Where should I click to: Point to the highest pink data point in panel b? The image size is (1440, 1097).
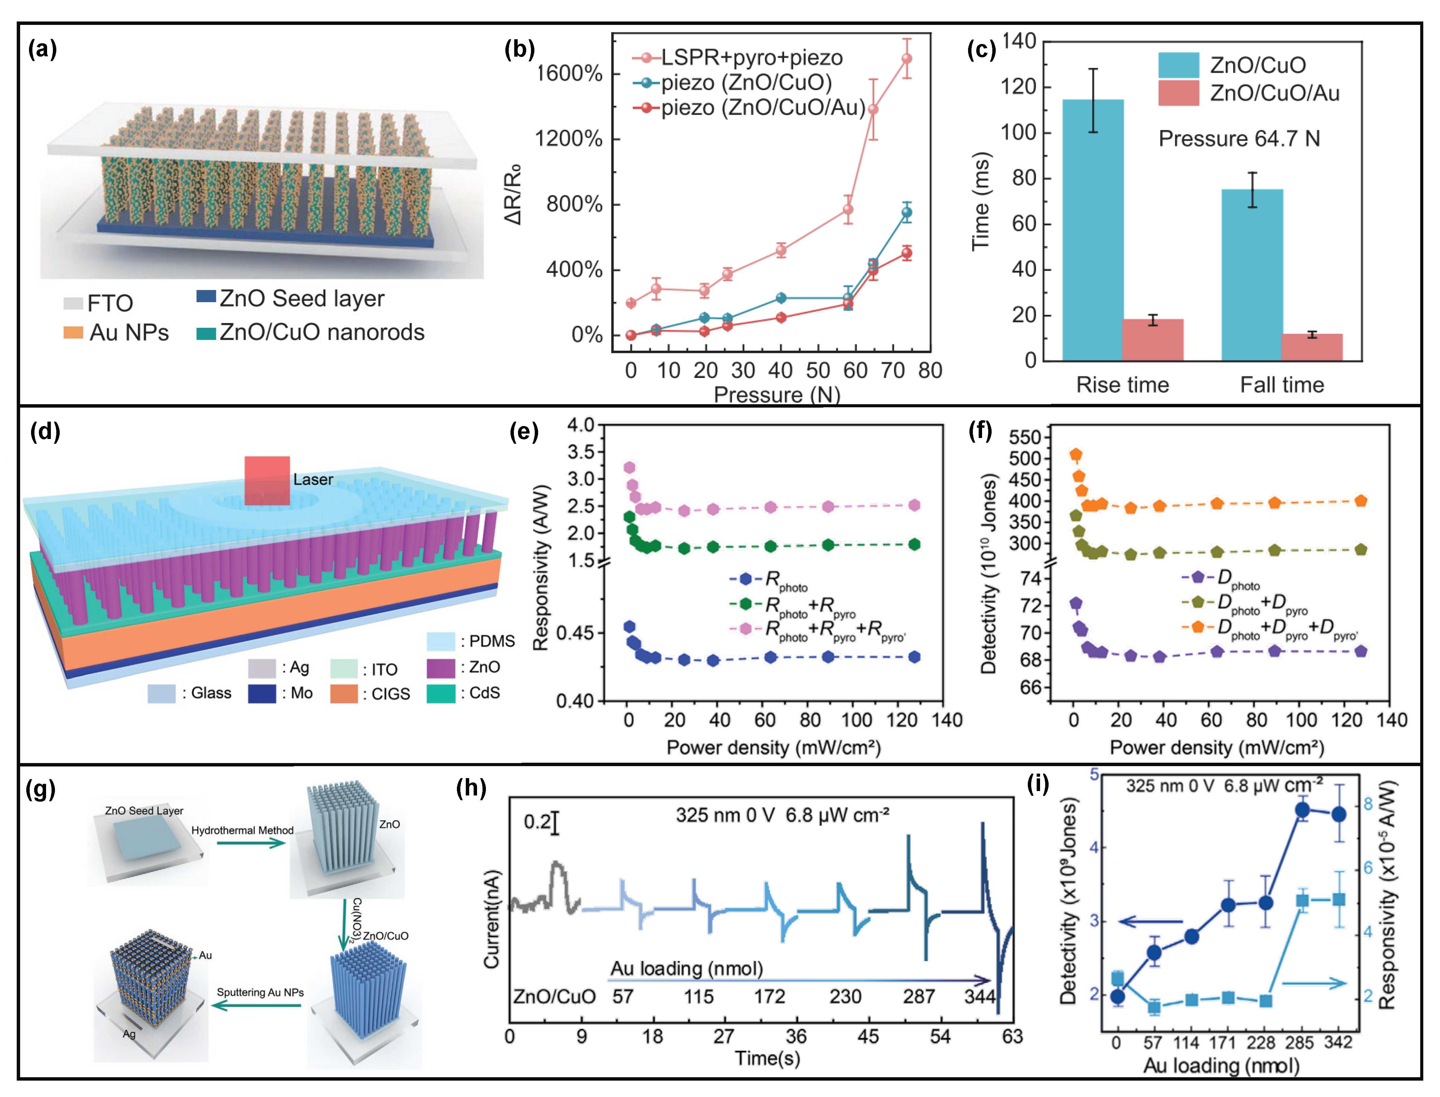pos(906,59)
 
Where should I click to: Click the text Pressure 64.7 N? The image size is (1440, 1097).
pos(1239,138)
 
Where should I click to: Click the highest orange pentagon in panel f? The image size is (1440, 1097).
pos(1076,454)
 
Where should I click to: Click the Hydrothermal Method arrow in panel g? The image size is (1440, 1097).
pos(251,843)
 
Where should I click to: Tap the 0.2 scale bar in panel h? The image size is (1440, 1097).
pos(555,823)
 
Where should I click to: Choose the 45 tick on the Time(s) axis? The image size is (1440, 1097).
pos(868,1036)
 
